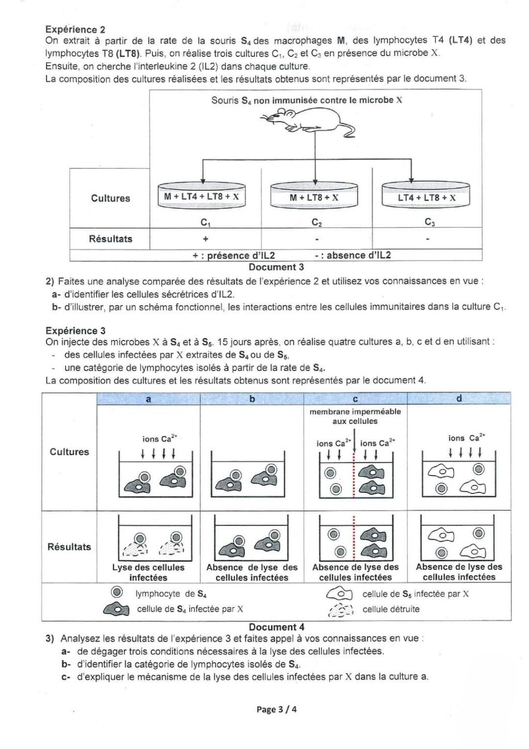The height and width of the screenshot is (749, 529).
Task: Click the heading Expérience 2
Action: point(71,29)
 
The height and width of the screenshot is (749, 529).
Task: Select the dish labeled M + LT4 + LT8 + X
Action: point(201,197)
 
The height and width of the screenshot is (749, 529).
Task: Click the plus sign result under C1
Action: point(206,239)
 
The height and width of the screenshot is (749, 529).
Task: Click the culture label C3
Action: point(429,222)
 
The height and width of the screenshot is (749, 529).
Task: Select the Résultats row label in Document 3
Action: point(111,239)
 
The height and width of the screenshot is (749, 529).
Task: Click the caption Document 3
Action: point(276,267)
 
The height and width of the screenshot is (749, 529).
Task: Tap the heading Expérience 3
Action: point(71,331)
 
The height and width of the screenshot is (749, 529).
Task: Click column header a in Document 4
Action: point(149,399)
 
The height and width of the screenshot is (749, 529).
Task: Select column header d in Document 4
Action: point(459,398)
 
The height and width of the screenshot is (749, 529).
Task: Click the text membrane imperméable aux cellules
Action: point(355,416)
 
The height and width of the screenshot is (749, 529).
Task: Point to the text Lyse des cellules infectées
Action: point(148,572)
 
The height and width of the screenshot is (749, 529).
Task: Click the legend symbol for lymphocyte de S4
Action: point(117,593)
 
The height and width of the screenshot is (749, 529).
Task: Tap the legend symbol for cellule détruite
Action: point(340,610)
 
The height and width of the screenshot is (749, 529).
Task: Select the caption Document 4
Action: point(273,627)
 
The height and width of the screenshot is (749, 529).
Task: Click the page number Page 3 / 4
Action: point(276,709)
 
